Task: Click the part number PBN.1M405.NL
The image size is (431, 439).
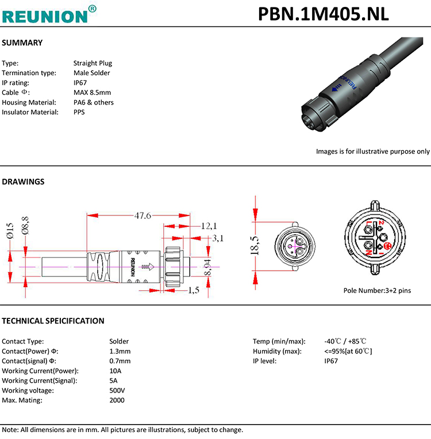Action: tap(323, 13)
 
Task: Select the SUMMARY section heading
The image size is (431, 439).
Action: tap(22, 43)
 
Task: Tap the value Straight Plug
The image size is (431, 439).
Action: tap(93, 63)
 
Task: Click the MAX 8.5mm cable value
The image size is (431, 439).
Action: tap(92, 93)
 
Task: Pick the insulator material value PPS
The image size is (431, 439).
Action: tap(79, 112)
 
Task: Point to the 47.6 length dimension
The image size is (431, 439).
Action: tap(143, 216)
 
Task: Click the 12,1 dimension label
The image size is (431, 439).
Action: tap(208, 225)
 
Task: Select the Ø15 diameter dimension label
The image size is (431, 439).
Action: tap(10, 230)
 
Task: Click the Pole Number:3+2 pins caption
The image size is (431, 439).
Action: tap(377, 291)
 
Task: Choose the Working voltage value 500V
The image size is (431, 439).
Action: tap(117, 390)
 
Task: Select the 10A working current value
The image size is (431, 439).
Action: tap(115, 371)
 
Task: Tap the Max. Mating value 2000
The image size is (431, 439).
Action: tap(117, 400)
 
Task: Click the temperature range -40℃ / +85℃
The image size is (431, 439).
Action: tap(345, 341)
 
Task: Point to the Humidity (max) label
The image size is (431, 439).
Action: tap(278, 351)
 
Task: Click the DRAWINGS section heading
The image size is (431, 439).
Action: tap(24, 182)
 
